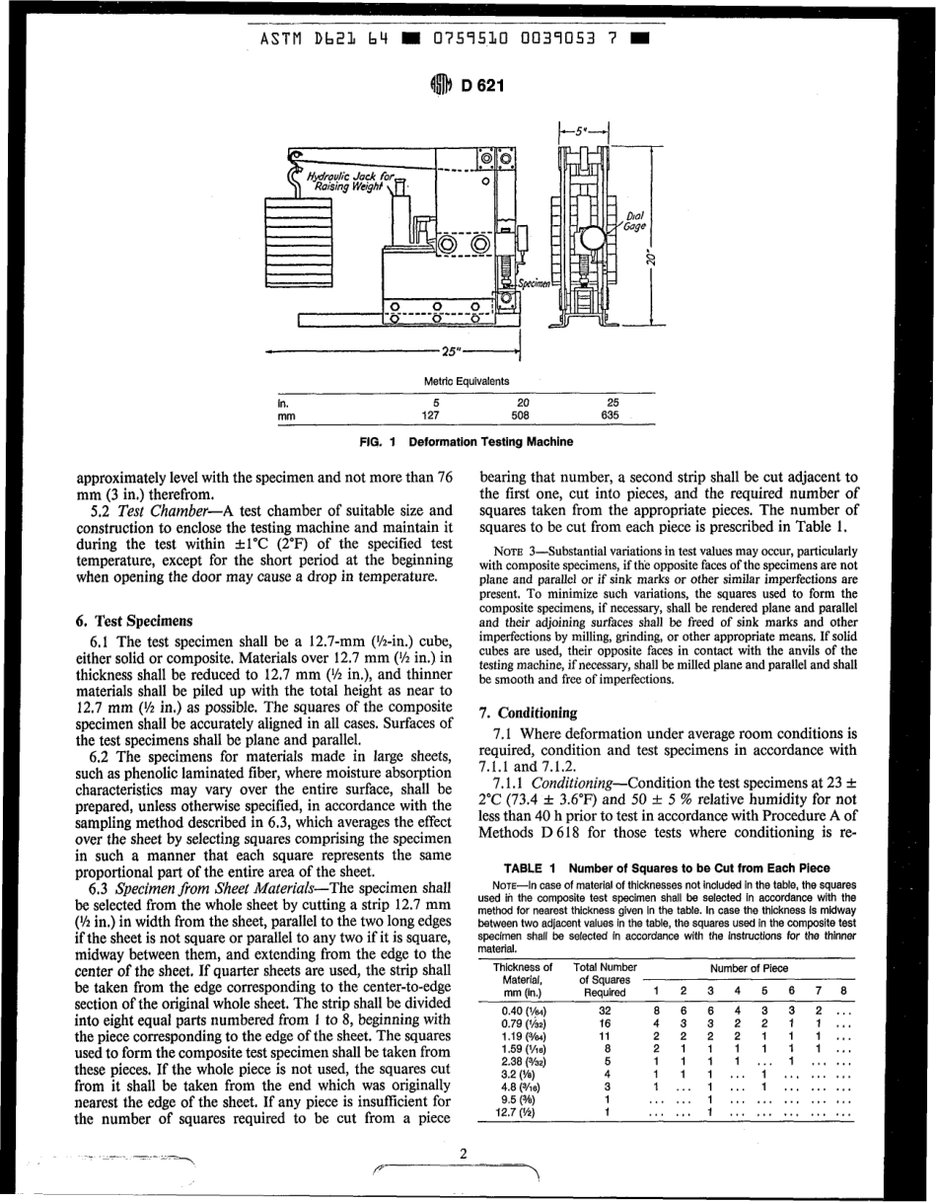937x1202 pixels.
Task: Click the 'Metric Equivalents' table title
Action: [x=467, y=381]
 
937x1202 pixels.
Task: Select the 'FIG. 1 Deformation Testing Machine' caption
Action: [x=467, y=442]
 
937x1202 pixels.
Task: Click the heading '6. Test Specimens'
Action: [x=134, y=622]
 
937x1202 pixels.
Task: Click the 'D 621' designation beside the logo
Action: [x=483, y=86]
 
